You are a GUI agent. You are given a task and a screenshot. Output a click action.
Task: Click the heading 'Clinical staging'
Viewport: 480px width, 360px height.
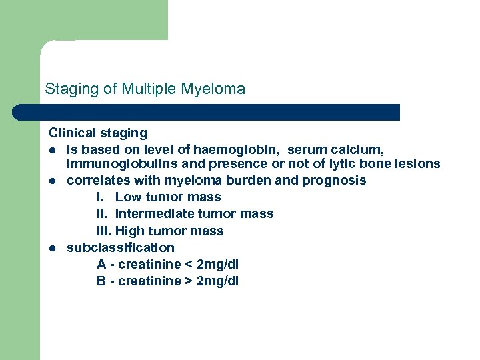(x=98, y=133)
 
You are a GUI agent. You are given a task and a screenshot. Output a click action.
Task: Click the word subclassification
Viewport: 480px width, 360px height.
(x=120, y=248)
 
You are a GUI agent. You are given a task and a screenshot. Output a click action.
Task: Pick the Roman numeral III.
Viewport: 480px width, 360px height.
(x=103, y=231)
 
